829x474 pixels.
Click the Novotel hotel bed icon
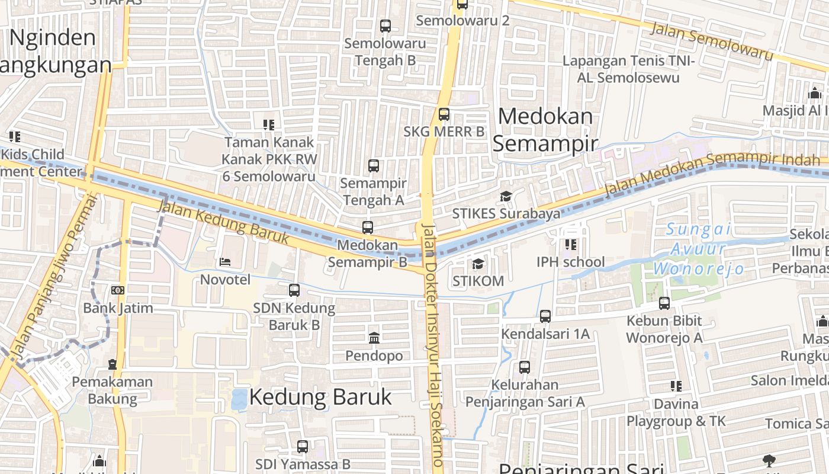click(x=224, y=261)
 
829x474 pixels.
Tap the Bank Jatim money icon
click(x=117, y=290)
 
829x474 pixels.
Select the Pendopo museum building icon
click(x=374, y=338)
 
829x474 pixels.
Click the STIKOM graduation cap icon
click(x=478, y=263)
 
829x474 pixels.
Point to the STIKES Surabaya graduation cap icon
click(x=506, y=196)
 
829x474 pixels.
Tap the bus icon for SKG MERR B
click(x=444, y=114)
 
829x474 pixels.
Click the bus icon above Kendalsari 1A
click(x=545, y=316)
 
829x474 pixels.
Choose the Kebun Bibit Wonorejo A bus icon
click(x=664, y=303)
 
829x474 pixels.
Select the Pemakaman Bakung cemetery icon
click(x=113, y=364)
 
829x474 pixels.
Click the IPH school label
click(x=570, y=262)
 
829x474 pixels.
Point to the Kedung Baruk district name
click(x=320, y=397)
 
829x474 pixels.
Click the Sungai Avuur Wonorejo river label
click(x=699, y=249)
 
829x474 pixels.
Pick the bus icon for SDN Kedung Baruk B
click(x=294, y=290)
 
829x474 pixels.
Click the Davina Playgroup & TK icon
click(x=676, y=386)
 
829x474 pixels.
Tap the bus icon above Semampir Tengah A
click(x=374, y=166)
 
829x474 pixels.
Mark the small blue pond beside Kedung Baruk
click(x=239, y=399)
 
